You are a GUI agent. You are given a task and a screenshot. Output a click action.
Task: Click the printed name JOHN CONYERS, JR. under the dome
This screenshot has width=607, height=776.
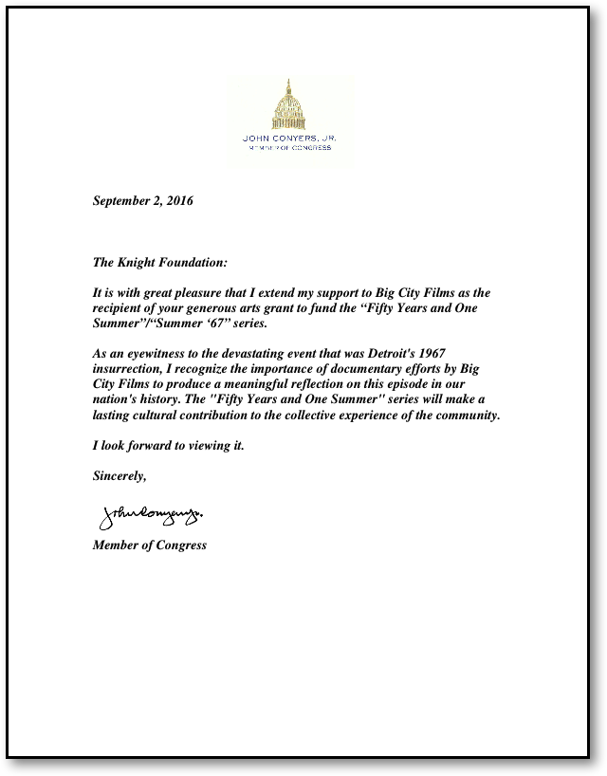[x=290, y=139]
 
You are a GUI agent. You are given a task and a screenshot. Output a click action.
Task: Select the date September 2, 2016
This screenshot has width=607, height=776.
[x=143, y=200]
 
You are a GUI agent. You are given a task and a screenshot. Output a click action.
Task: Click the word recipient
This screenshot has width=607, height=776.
[x=121, y=308]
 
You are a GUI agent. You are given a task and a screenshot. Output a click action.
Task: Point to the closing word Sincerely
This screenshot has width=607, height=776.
[x=120, y=476]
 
